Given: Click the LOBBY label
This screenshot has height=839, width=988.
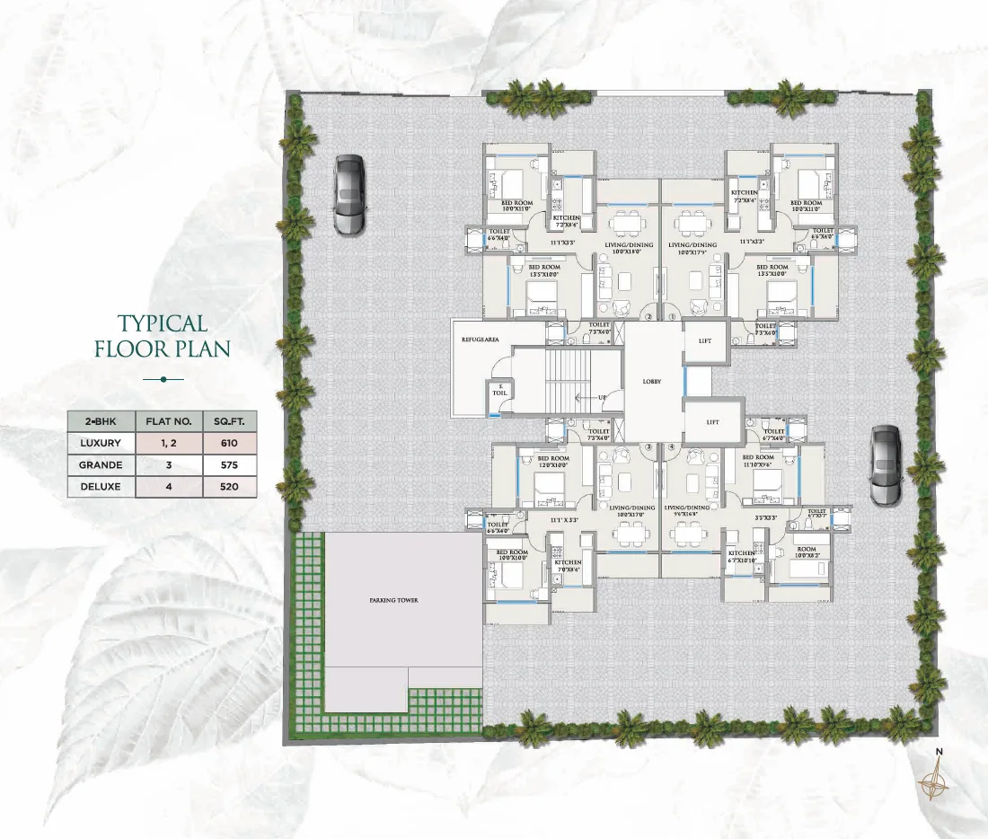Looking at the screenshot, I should tap(651, 382).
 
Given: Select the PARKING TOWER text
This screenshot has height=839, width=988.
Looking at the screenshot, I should tap(393, 600).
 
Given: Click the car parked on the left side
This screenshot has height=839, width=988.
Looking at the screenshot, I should tap(348, 196).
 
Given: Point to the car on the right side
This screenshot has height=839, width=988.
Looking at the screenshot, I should tap(885, 466).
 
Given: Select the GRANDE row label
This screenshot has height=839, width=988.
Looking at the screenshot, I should tap(101, 465).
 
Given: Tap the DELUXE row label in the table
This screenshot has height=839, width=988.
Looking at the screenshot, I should tap(101, 488).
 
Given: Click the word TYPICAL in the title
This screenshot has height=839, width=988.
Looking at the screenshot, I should tap(163, 323).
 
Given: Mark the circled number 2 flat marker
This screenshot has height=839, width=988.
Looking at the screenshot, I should tap(648, 316).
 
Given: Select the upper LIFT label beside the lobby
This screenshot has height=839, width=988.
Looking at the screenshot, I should tap(703, 340).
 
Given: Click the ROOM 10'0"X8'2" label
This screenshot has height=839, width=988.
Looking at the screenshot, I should tap(806, 552).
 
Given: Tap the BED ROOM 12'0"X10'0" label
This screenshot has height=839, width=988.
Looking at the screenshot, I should tap(549, 462).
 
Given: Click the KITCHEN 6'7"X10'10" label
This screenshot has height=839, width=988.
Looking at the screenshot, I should tap(742, 557).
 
